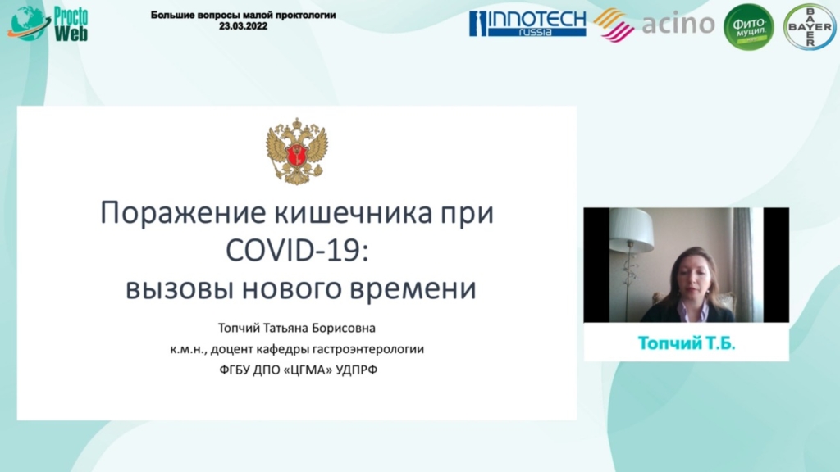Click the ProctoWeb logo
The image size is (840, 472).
coord(48,24)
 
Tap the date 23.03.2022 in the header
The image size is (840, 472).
coord(243,25)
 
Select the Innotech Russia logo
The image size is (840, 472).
coord(527,24)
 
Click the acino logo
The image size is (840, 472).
coord(655,25)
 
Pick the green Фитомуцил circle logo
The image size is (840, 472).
coord(748,27)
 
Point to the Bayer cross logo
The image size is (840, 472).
coord(810,27)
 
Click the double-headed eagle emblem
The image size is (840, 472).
coord(297,152)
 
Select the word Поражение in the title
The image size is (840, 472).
coord(183,213)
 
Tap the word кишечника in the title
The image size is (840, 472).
coord(354,212)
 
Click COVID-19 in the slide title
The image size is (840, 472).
coord(297,250)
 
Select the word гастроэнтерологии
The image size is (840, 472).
coord(368,349)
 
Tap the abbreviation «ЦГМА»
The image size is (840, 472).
coord(308,370)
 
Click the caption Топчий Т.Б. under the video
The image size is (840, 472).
coord(687,343)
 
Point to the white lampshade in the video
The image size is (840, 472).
coord(631,229)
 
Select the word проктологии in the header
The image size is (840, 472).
coord(305,15)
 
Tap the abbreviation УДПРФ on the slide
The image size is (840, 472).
coord(357,370)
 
